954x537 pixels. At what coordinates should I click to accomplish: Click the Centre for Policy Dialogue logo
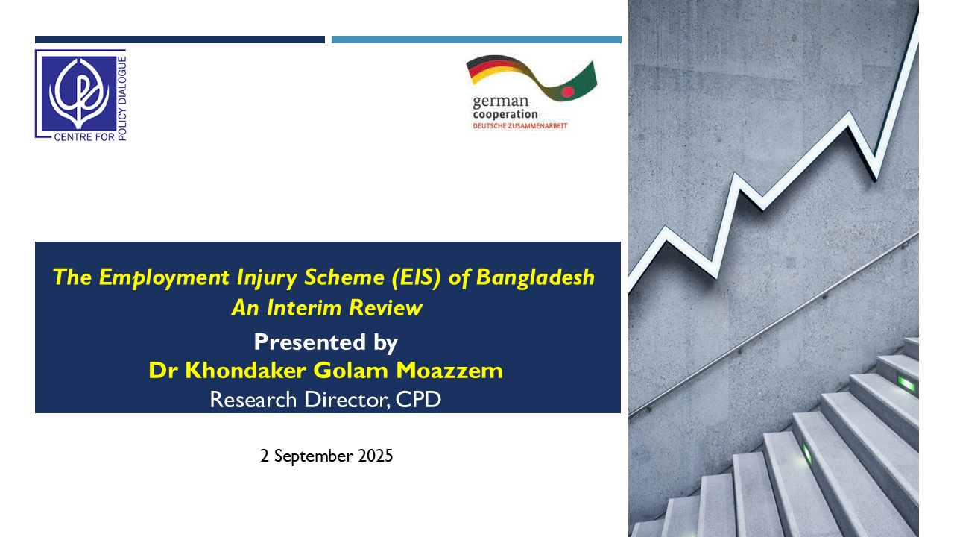(x=80, y=95)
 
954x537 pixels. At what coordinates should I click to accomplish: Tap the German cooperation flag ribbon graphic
(x=532, y=78)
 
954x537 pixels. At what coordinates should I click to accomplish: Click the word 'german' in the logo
(x=500, y=101)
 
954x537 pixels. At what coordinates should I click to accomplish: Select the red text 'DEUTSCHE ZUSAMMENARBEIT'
(x=520, y=126)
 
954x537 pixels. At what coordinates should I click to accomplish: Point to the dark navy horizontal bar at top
(x=180, y=40)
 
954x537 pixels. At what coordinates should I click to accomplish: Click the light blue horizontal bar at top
(x=476, y=40)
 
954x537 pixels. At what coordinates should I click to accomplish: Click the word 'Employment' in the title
(x=164, y=277)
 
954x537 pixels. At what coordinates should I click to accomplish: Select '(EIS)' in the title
(x=416, y=277)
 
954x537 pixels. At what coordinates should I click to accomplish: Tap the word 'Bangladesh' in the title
(x=535, y=277)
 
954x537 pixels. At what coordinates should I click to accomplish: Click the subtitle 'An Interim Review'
(x=327, y=308)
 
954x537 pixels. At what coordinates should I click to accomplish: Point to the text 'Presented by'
(x=326, y=342)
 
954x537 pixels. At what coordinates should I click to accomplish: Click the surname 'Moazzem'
(x=449, y=371)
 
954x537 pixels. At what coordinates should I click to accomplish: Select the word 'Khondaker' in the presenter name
(x=245, y=371)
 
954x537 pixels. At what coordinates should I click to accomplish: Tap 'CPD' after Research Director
(x=418, y=400)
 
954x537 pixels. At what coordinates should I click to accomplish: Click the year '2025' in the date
(x=375, y=456)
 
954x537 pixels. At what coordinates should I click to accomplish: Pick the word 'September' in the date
(x=314, y=456)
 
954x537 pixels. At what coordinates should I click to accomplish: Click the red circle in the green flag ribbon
(x=568, y=92)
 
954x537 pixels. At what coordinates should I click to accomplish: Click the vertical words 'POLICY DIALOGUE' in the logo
(x=121, y=98)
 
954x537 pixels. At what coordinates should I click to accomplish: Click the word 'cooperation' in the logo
(x=505, y=114)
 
